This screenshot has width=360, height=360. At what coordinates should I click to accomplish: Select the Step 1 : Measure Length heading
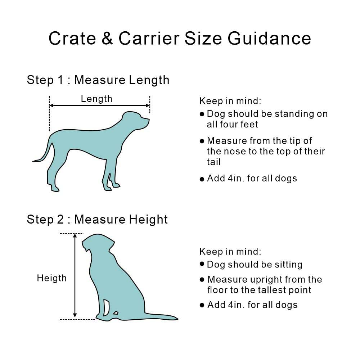(98, 80)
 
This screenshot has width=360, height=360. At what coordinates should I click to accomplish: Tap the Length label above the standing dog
(96, 99)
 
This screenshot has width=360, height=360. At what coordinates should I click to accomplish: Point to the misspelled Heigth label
(51, 278)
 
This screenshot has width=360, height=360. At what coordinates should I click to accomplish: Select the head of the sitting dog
(99, 243)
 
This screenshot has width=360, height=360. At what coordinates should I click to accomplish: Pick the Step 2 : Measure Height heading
(97, 219)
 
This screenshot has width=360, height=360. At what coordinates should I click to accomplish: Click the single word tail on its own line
(214, 162)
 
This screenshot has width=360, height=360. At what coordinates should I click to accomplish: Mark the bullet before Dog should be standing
(202, 114)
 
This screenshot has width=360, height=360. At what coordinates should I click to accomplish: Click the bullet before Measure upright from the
(202, 280)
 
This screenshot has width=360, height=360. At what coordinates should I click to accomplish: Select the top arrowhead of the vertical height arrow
(75, 236)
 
